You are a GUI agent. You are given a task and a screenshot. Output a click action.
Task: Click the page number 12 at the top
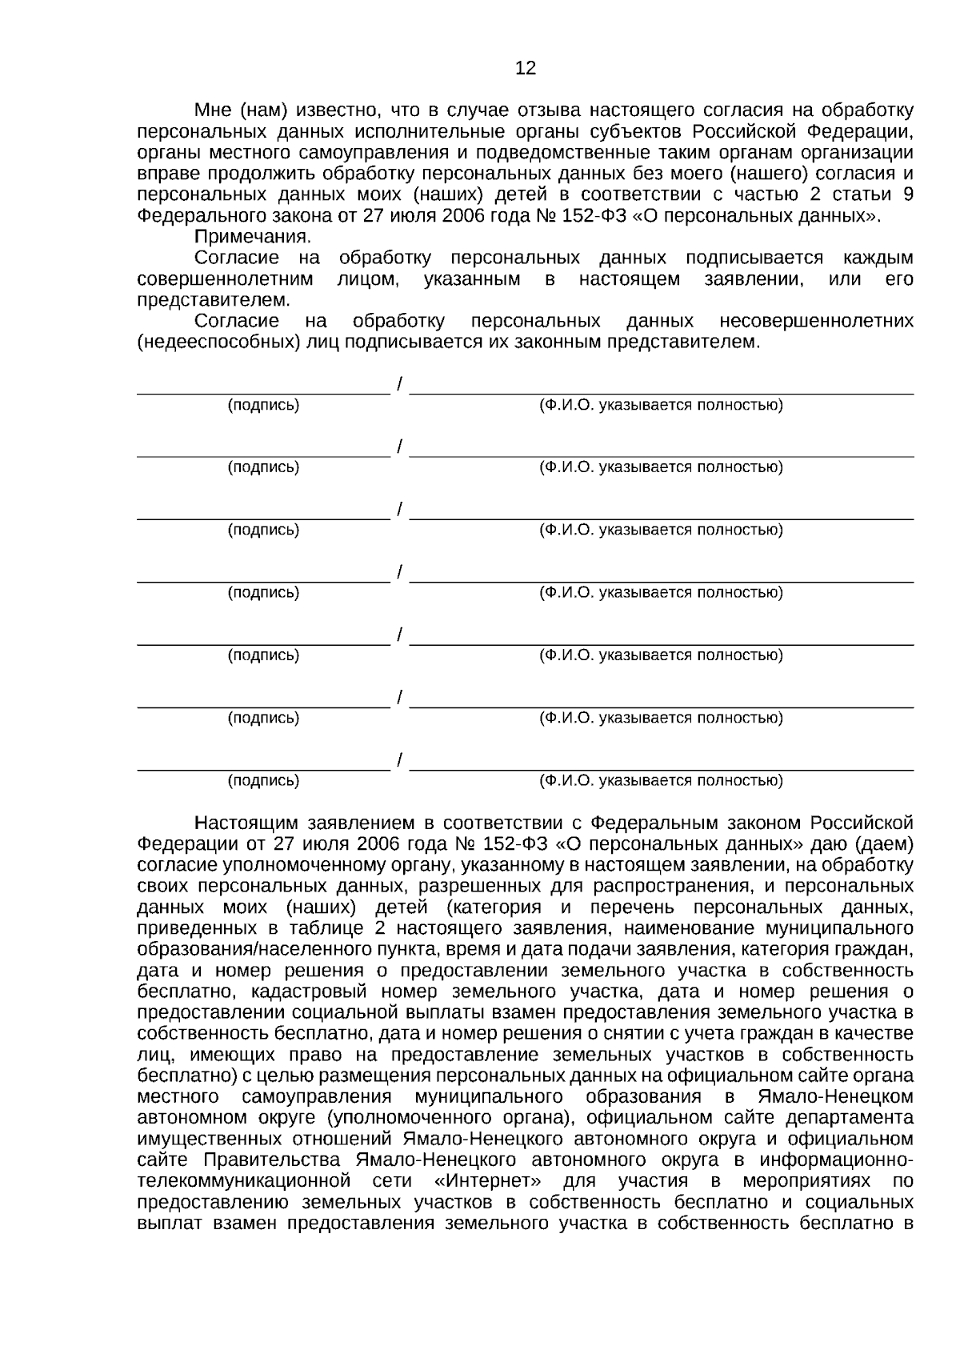click(x=525, y=69)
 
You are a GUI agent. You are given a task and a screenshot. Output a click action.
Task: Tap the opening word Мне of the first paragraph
click(x=212, y=110)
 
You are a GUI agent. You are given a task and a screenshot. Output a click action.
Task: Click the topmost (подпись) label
click(x=264, y=406)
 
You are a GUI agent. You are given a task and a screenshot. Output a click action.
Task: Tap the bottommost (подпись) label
click(x=264, y=781)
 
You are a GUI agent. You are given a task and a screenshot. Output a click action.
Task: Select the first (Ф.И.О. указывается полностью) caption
click(x=661, y=406)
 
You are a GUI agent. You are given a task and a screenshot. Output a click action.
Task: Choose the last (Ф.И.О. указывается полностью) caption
click(x=661, y=781)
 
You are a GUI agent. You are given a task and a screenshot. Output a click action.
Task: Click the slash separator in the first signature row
click(x=399, y=384)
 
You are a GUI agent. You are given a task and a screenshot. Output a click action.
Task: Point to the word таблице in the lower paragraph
click(x=330, y=929)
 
